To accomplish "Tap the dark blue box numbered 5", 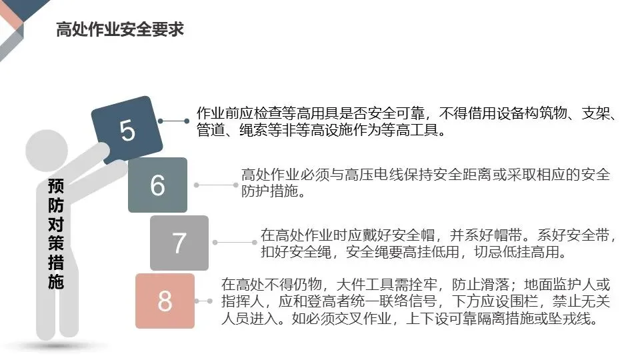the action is (127, 130).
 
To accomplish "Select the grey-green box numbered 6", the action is (157, 185).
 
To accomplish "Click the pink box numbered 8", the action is (165, 301).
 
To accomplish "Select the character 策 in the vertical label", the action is (56, 243).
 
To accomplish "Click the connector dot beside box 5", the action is (163, 121).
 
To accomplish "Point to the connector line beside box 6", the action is (217, 185).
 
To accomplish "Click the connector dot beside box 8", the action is (211, 301).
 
